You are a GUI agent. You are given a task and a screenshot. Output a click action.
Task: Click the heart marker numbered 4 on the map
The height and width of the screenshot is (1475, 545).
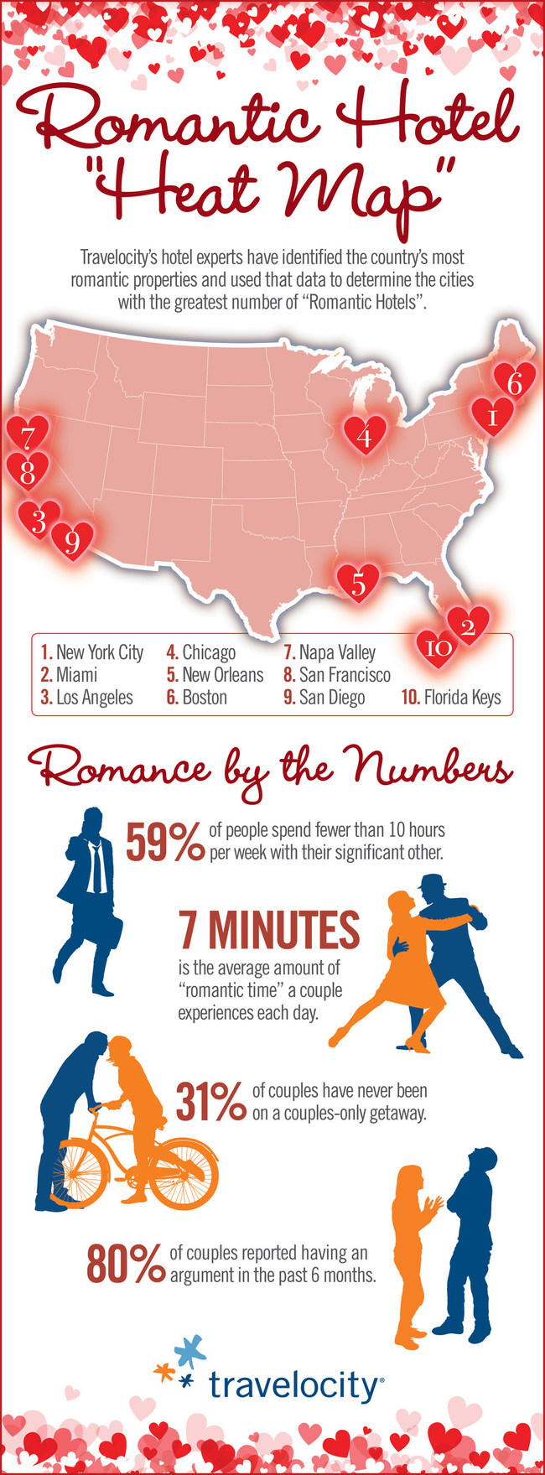click(365, 436)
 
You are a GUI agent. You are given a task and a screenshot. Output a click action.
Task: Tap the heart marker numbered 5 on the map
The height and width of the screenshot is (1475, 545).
click(358, 582)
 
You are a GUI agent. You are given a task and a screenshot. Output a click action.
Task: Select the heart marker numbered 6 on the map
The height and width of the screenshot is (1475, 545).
click(514, 382)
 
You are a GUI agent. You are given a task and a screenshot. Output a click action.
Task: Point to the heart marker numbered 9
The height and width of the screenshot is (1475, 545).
click(72, 541)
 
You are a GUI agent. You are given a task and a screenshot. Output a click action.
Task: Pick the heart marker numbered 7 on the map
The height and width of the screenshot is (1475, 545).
click(28, 435)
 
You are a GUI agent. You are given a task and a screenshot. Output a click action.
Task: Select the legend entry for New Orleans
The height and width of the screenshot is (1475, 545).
click(215, 675)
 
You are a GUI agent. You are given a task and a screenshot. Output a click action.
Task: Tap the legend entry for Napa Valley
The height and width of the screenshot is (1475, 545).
click(330, 652)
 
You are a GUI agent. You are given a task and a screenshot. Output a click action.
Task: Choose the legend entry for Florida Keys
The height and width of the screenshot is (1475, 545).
click(451, 698)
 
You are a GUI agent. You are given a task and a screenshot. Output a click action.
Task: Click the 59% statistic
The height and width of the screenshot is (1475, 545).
click(164, 842)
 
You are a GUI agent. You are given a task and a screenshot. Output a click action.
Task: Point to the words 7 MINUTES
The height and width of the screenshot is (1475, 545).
click(268, 930)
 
